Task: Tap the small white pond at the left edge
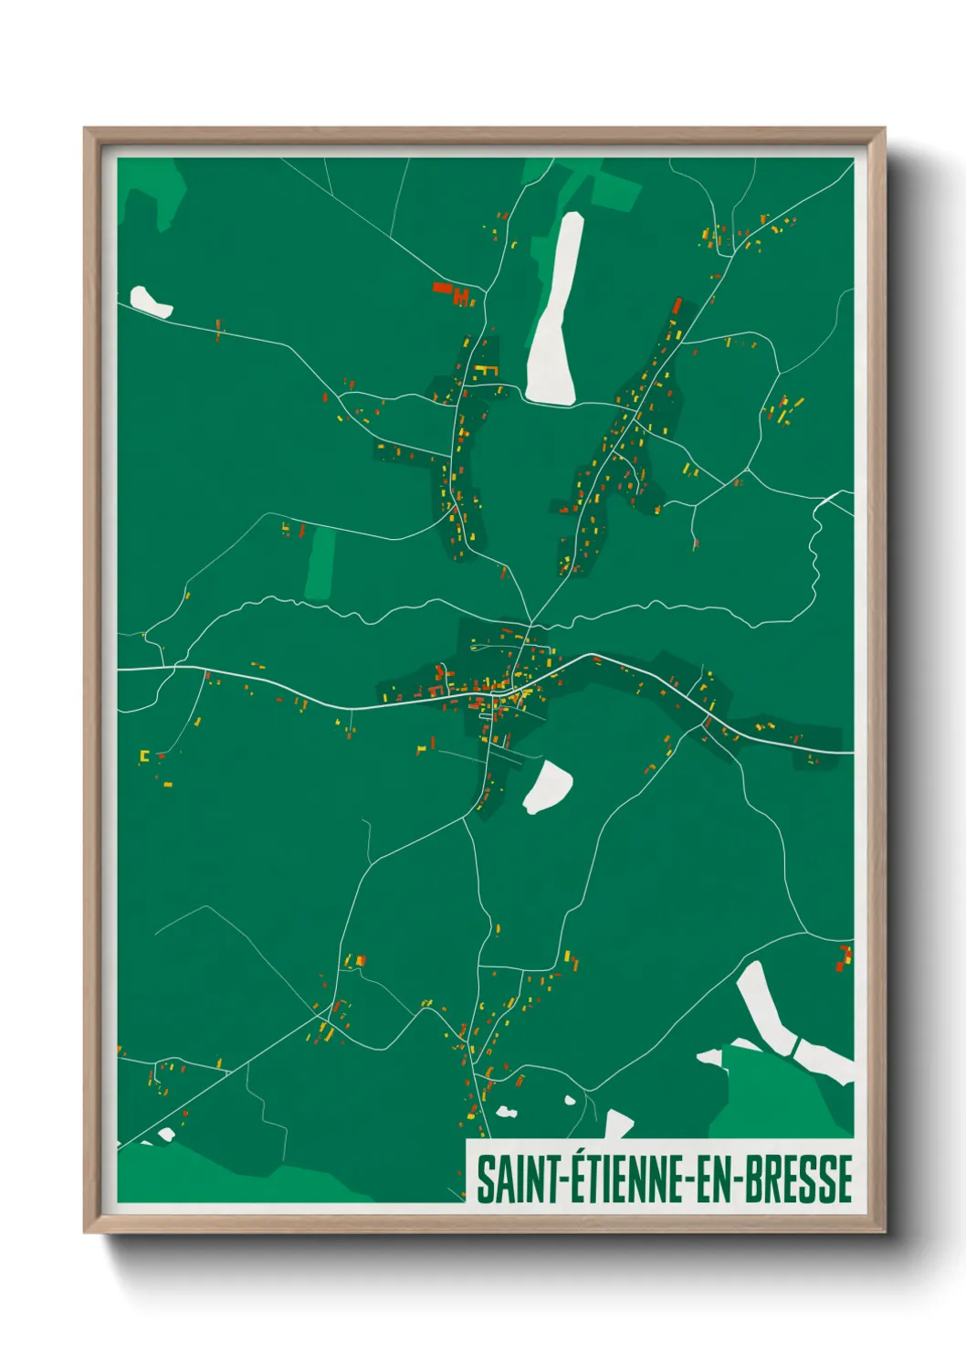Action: tap(150, 301)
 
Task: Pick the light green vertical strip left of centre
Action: tap(321, 563)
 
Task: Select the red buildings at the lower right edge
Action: tap(844, 957)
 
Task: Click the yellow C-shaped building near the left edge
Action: tap(143, 756)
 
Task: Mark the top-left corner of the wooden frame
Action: tap(86, 130)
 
